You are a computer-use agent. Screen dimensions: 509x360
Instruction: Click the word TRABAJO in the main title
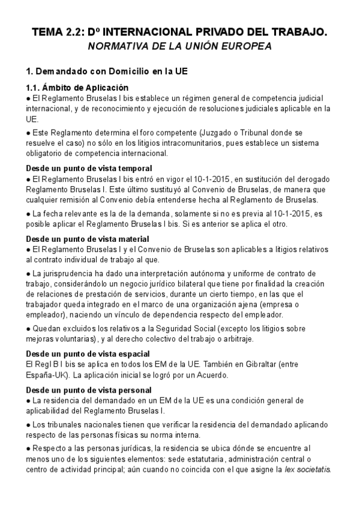(x=302, y=33)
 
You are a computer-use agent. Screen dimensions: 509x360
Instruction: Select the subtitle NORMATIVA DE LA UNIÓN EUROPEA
(x=179, y=46)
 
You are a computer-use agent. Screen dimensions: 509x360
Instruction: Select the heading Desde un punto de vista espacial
(x=88, y=354)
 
